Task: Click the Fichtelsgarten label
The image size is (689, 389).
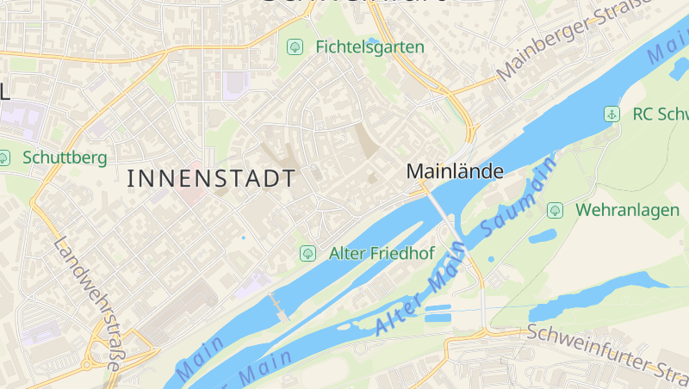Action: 369,46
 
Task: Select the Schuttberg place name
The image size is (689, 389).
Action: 65,157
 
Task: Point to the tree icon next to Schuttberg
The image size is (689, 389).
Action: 4,157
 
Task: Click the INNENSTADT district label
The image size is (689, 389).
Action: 211,179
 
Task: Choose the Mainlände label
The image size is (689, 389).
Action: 454,171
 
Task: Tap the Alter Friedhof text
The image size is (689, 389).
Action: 382,253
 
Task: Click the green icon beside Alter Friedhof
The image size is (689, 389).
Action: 307,253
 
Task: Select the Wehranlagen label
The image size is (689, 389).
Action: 627,209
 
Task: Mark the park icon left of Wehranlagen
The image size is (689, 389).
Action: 555,209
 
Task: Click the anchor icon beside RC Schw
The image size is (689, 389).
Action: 611,114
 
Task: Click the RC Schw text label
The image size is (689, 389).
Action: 659,114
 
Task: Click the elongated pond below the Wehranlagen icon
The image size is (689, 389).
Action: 543,235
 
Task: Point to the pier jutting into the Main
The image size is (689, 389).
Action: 277,306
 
